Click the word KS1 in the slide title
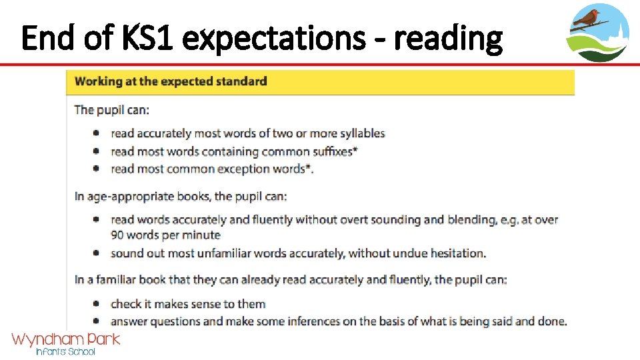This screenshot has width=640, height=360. point(142,39)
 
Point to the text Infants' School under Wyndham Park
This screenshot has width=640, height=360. point(65,351)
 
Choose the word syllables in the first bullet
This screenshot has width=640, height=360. point(361,133)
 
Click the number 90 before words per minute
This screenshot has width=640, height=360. point(118,235)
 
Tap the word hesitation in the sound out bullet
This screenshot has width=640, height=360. point(457,253)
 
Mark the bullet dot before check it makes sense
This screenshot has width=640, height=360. point(97,304)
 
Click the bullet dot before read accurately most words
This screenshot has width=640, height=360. point(97,133)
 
